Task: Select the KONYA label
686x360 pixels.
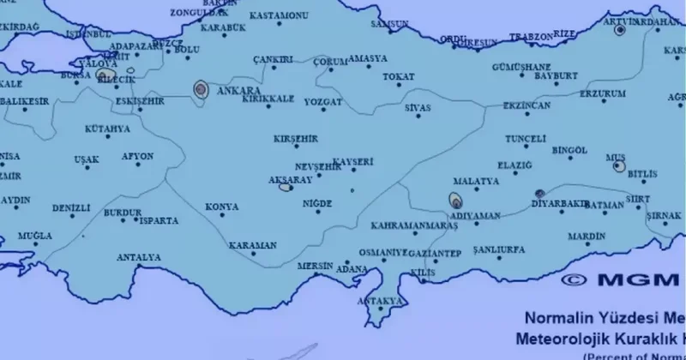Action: pyautogui.click(x=222, y=207)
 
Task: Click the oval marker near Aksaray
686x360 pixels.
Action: pyautogui.click(x=286, y=186)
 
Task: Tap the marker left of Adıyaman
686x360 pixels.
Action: pyautogui.click(x=454, y=202)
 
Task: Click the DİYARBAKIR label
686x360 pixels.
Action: pyautogui.click(x=559, y=204)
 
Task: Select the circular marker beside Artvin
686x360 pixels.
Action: pyautogui.click(x=620, y=29)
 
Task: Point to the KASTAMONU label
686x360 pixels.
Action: pyautogui.click(x=279, y=15)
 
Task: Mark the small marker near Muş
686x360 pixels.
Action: pyautogui.click(x=619, y=166)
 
